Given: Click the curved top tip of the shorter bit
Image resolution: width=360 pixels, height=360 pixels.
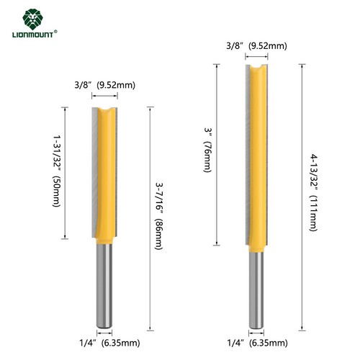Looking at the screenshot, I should (106, 111).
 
